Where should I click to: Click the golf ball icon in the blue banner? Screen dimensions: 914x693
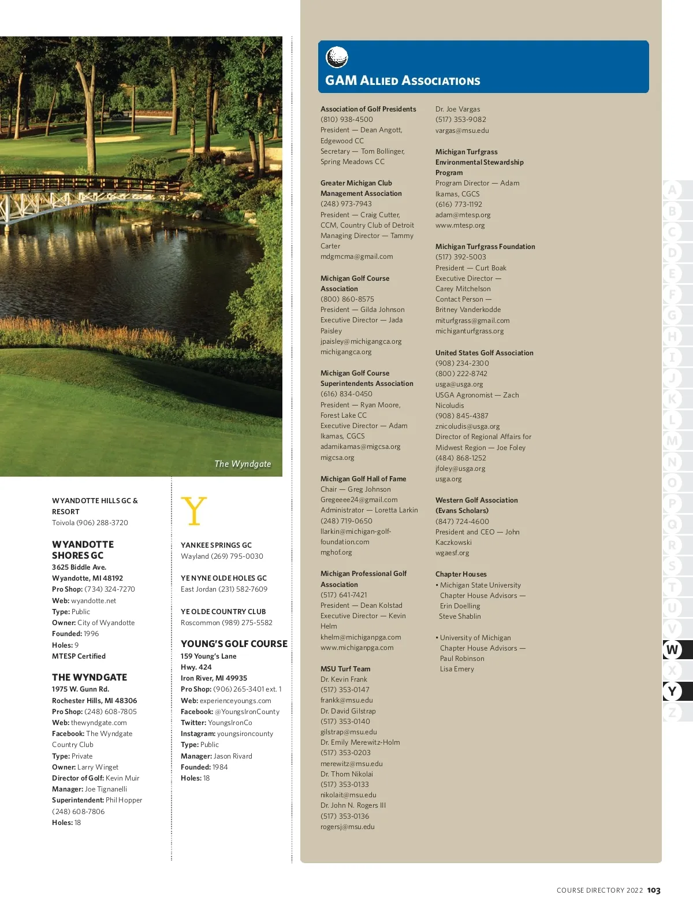[x=337, y=57]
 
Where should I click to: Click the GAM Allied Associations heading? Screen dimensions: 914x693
[x=403, y=80]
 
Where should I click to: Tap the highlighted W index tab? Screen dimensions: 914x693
[x=672, y=649]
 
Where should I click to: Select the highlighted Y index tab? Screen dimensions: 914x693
[x=672, y=691]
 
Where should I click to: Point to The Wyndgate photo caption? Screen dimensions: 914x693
[x=243, y=463]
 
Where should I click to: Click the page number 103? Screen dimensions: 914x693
[x=654, y=890]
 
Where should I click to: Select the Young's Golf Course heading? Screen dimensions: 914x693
[x=234, y=644]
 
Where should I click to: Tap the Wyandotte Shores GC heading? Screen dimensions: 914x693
[x=83, y=549]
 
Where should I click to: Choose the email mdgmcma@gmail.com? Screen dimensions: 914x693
[x=356, y=257]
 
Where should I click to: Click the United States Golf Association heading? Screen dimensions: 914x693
[x=484, y=352]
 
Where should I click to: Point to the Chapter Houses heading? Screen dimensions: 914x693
[x=461, y=574]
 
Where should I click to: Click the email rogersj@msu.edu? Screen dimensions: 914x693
[x=347, y=827]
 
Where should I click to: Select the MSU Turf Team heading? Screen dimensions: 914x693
[x=345, y=668]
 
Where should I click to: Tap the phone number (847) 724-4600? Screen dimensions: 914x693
[x=462, y=521]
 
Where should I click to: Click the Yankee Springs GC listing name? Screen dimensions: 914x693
[x=216, y=545]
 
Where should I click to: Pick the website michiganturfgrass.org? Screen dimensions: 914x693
[x=470, y=331]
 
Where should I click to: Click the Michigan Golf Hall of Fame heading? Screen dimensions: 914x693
[x=363, y=478]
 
